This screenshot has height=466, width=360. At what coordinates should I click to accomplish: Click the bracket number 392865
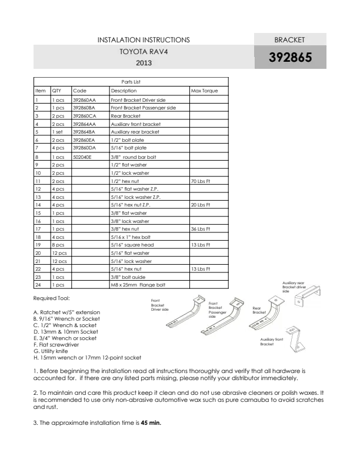pyautogui.click(x=290, y=57)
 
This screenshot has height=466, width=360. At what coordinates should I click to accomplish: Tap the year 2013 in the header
pyautogui.click(x=144, y=63)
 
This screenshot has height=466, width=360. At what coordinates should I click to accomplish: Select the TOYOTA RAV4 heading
pyautogui.click(x=144, y=52)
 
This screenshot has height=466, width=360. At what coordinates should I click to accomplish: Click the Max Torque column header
pyautogui.click(x=204, y=91)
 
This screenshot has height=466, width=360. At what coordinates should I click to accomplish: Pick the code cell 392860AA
pyautogui.click(x=84, y=100)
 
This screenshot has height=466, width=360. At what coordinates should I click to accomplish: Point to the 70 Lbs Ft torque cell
pyautogui.click(x=201, y=181)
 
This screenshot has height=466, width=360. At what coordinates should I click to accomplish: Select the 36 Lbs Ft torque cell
pyautogui.click(x=201, y=229)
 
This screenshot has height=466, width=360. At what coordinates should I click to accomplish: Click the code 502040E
pyautogui.click(x=82, y=157)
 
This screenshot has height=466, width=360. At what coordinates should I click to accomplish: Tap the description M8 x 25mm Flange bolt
pyautogui.click(x=138, y=285)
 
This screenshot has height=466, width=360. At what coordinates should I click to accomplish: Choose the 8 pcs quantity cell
pyautogui.click(x=58, y=245)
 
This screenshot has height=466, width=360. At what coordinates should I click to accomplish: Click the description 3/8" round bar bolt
pyautogui.click(x=134, y=157)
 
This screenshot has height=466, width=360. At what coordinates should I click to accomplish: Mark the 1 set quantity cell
pyautogui.click(x=57, y=132)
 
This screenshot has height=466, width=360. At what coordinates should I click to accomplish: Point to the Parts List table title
pyautogui.click(x=131, y=82)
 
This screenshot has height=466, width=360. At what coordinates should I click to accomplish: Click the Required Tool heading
pyautogui.click(x=52, y=298)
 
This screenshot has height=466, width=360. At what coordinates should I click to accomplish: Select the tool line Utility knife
pyautogui.click(x=51, y=351)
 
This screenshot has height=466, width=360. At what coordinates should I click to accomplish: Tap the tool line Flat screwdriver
pyautogui.click(x=56, y=345)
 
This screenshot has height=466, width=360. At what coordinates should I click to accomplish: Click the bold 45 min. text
pyautogui.click(x=151, y=423)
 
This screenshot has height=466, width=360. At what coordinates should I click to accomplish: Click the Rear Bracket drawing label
pyautogui.click(x=259, y=310)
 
